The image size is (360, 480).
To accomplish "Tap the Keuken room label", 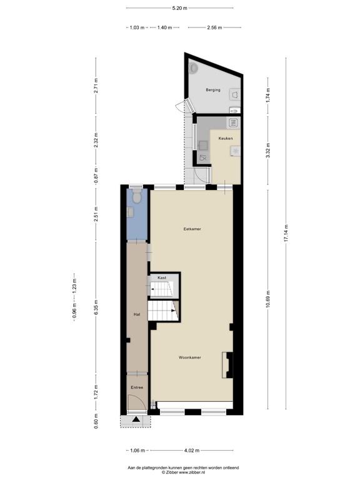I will click(226, 138).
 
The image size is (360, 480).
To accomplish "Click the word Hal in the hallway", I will click(136, 314).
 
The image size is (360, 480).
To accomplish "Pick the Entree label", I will click(137, 387).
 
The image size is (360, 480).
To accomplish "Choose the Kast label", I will click(161, 277).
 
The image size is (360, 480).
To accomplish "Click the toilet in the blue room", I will click(136, 198).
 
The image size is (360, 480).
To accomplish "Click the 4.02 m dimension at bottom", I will click(193, 450).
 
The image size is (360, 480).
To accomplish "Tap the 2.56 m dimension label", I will click(214, 27).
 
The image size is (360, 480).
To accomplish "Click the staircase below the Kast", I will click(164, 311).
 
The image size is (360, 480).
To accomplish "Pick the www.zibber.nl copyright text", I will click(179, 473).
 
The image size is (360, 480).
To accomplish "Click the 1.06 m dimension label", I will click(138, 450).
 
